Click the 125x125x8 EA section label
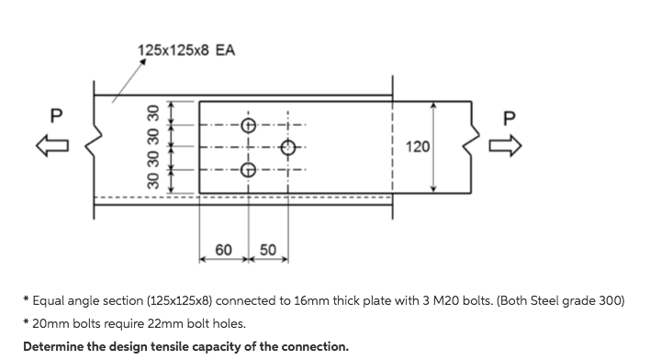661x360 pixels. (185, 50)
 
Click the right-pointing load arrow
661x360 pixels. (510, 145)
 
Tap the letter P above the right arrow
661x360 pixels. (510, 117)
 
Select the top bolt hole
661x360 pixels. (248, 125)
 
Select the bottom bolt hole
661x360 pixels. (248, 169)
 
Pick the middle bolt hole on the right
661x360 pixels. (288, 147)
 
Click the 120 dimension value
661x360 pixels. (418, 147)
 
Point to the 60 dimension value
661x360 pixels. (223, 250)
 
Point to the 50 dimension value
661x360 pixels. (268, 250)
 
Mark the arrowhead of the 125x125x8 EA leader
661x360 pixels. (144, 62)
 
